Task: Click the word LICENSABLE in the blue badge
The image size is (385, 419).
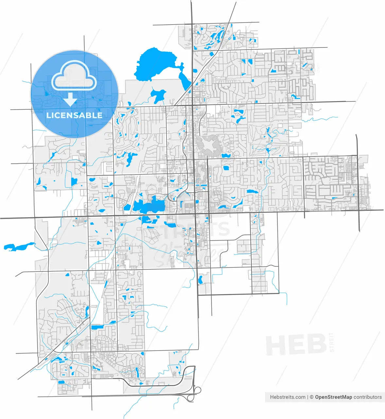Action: coord(74,115)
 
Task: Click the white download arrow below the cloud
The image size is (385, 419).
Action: coord(70,99)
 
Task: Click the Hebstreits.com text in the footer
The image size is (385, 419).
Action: coord(288,397)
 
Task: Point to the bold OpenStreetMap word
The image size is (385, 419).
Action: coord(333,397)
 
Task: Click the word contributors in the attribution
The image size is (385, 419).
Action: coord(367,397)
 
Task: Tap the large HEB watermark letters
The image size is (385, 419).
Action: coord(296,344)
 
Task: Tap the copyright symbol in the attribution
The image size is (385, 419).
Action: coord(312,397)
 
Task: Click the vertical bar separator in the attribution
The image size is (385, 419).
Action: coord(308,397)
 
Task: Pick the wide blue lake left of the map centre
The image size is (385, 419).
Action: coord(149,206)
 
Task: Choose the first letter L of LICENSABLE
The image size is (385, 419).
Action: coord(48,115)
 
